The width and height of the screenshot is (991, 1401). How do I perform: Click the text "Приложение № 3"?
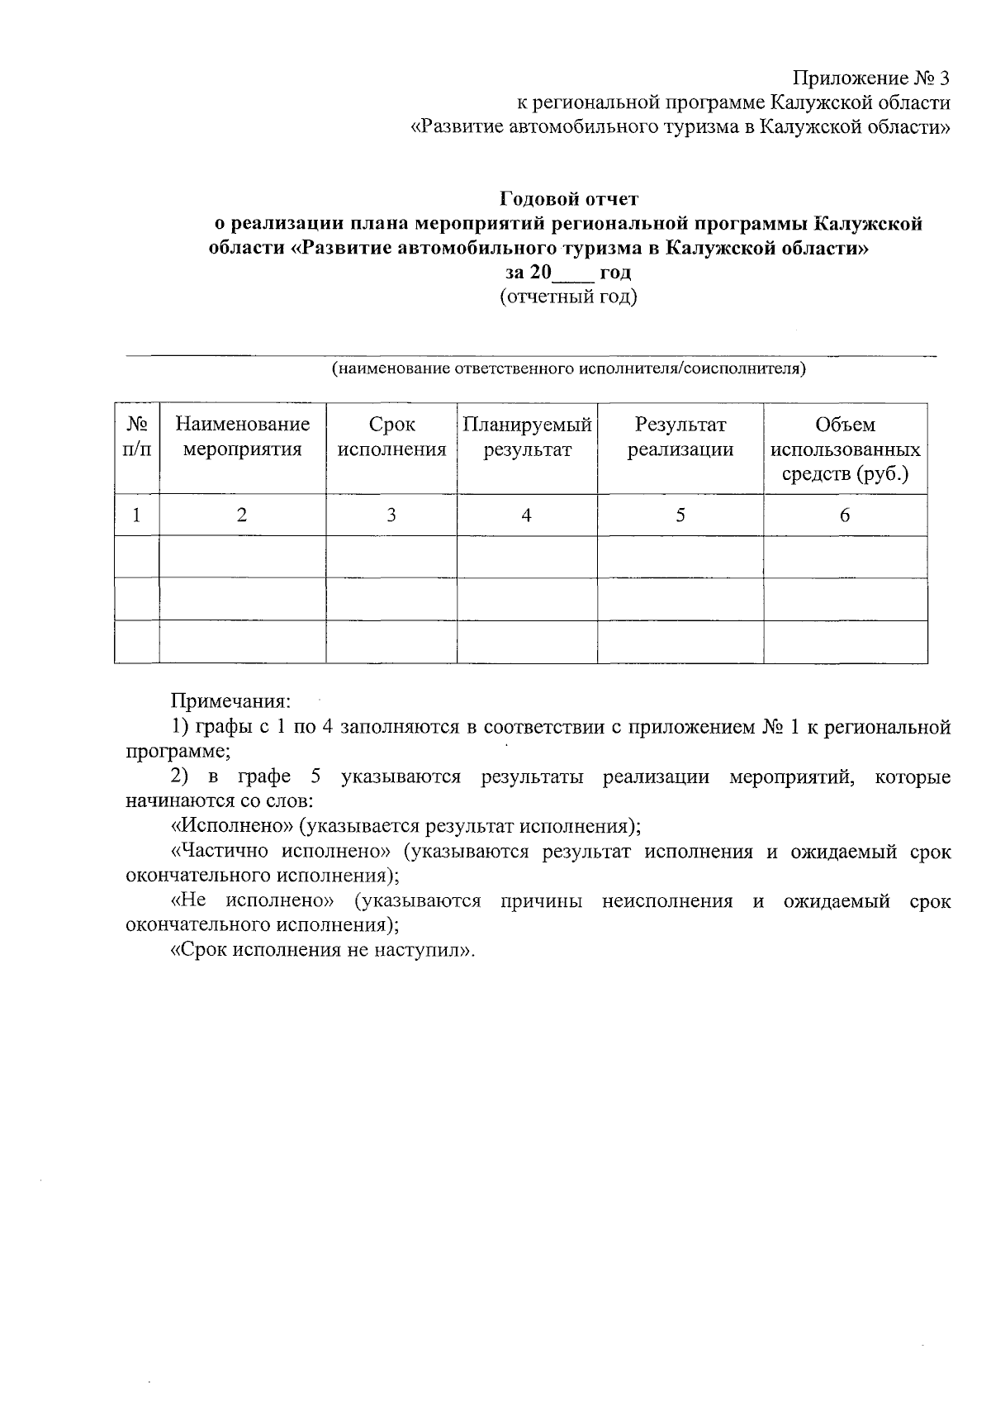(x=871, y=78)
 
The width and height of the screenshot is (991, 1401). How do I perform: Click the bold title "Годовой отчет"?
(x=569, y=199)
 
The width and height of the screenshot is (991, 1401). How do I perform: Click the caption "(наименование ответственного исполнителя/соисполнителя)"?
(x=568, y=368)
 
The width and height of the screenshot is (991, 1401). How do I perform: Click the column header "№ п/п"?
(x=137, y=437)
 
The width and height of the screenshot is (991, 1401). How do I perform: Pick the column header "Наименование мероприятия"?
(x=242, y=437)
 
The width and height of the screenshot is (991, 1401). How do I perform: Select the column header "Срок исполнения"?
(x=391, y=437)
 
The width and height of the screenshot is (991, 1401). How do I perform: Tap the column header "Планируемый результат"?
(x=527, y=437)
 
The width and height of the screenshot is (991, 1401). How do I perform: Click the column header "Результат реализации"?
(x=680, y=437)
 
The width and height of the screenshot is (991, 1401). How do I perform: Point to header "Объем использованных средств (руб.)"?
(x=845, y=449)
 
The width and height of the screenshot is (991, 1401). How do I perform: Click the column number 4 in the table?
(x=526, y=515)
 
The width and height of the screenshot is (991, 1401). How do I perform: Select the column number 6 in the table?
(x=844, y=515)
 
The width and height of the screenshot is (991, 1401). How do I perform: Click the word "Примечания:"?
(x=230, y=701)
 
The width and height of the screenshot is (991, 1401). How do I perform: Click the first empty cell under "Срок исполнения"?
(x=391, y=557)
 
